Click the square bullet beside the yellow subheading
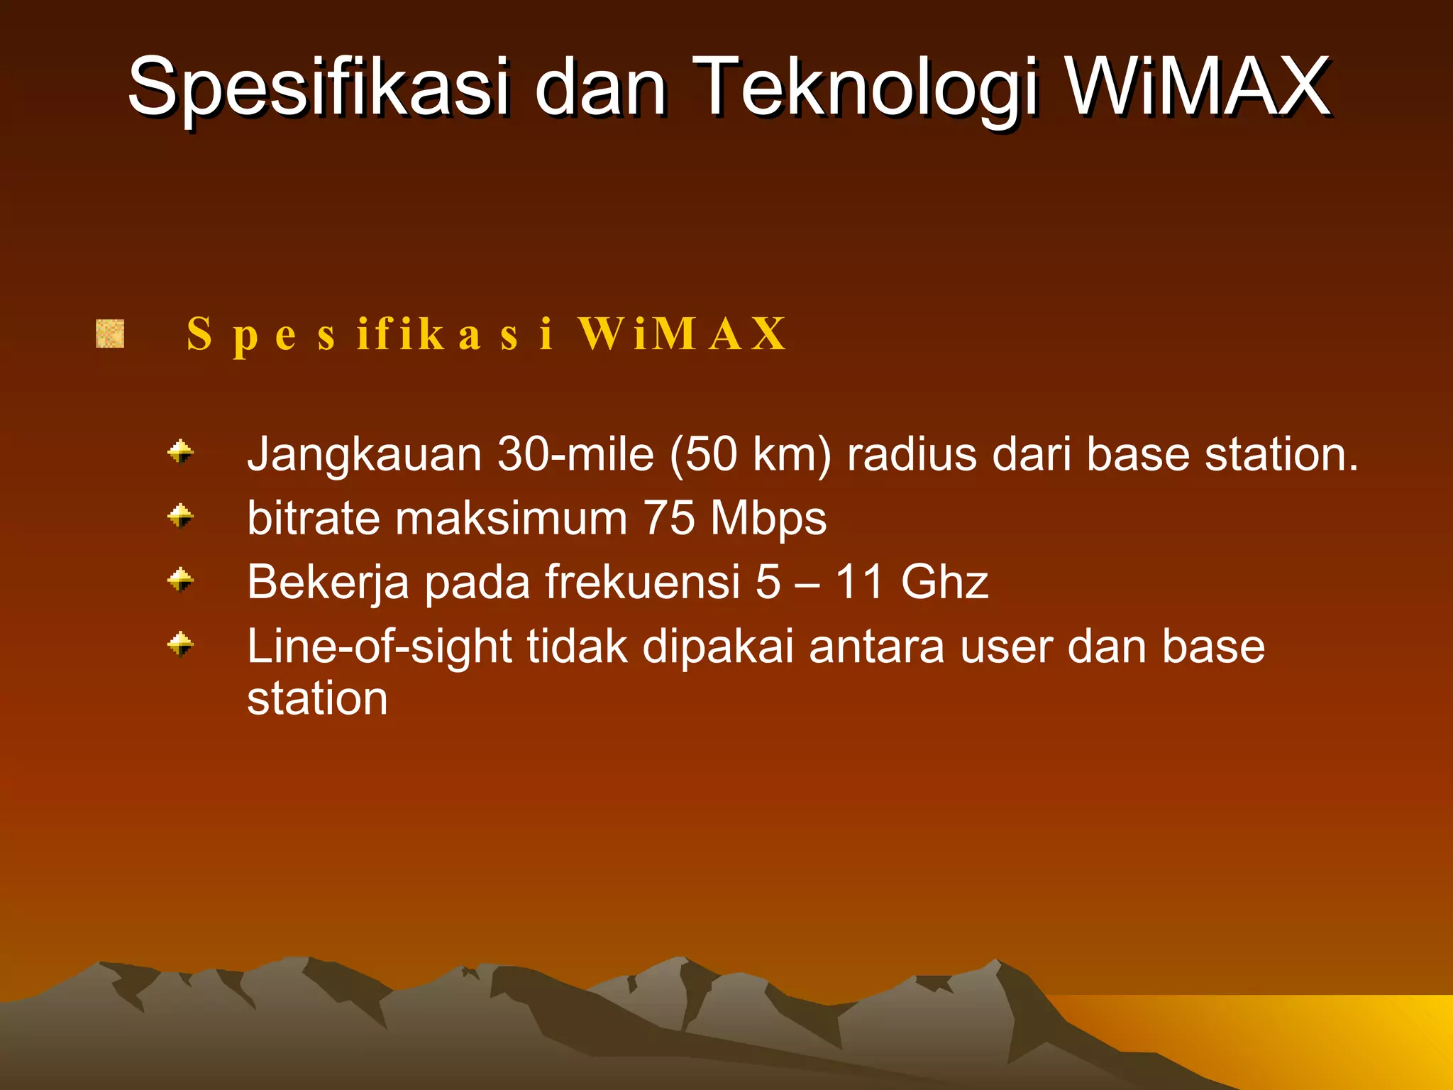[x=110, y=334]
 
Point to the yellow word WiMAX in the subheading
[x=681, y=334]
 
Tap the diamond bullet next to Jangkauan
[x=180, y=452]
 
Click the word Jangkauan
[x=364, y=456]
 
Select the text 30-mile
[x=575, y=454]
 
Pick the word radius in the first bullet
[x=912, y=454]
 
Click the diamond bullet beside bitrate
[x=180, y=516]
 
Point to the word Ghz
[x=944, y=583]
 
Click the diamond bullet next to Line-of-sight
[x=180, y=644]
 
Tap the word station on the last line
[x=317, y=699]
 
